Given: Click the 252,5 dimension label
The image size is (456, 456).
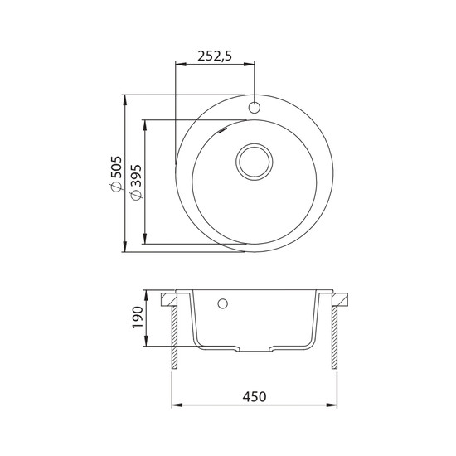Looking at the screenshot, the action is click(x=215, y=56).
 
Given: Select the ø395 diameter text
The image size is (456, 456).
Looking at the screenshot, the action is click(x=136, y=182).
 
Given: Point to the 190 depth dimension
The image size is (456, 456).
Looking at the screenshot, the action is click(x=138, y=317).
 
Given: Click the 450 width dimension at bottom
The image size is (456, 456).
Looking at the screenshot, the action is click(x=255, y=396).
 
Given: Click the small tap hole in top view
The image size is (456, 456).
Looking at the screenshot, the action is click(x=255, y=107).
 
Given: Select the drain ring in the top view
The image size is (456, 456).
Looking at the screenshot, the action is click(x=255, y=163).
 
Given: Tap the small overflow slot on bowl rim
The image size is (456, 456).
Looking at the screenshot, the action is click(x=223, y=130).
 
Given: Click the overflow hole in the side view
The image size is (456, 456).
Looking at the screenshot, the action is click(x=223, y=303).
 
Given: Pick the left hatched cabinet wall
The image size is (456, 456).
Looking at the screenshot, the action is click(x=174, y=337).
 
